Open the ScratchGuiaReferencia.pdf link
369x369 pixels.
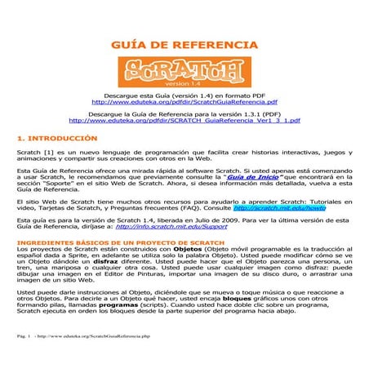pyautogui.click(x=184, y=104)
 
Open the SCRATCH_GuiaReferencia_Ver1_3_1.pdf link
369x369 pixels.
pyautogui.click(x=184, y=121)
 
